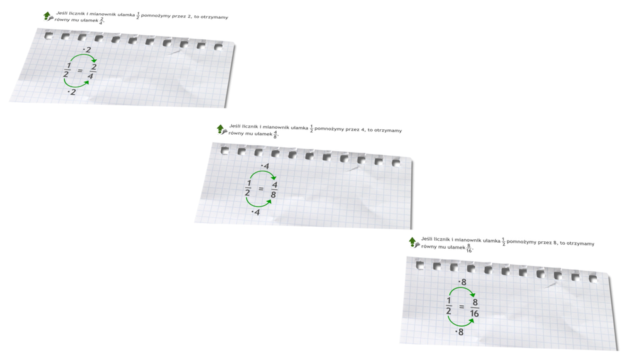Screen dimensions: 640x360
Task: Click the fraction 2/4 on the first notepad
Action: tap(92, 71)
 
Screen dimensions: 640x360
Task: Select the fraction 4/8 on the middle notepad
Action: tap(274, 190)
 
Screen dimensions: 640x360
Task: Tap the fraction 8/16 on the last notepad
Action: tap(474, 308)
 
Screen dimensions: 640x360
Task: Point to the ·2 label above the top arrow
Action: tap(87, 50)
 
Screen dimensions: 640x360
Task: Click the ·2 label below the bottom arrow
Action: tap(72, 92)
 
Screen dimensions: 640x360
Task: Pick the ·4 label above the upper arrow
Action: tap(265, 166)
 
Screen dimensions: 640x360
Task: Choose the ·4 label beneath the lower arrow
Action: tap(256, 212)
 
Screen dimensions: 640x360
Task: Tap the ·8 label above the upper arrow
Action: tap(462, 282)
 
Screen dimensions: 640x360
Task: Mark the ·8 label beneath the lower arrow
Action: tap(459, 332)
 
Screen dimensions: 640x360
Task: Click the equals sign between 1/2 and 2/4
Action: tap(79, 71)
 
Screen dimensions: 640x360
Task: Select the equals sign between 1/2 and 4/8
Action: tap(261, 189)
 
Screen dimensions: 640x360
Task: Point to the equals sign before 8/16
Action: tap(461, 307)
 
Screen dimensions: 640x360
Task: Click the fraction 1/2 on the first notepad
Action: tap(67, 70)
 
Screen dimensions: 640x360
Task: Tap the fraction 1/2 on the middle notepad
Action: tap(248, 188)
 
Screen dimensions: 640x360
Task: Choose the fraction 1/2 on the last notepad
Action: tap(449, 306)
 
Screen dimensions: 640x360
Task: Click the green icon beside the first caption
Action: tap(48, 16)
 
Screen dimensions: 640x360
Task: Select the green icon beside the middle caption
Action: tap(221, 129)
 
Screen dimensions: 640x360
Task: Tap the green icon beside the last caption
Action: tap(414, 242)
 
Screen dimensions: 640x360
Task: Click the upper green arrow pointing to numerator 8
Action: tap(462, 289)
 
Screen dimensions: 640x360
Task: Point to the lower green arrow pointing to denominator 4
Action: tap(75, 86)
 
